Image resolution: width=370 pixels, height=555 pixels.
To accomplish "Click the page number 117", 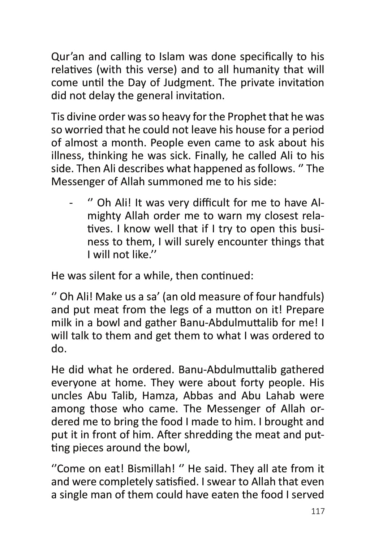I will pos(318,511).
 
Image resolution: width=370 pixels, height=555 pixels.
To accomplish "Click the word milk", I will pos(61,323).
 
